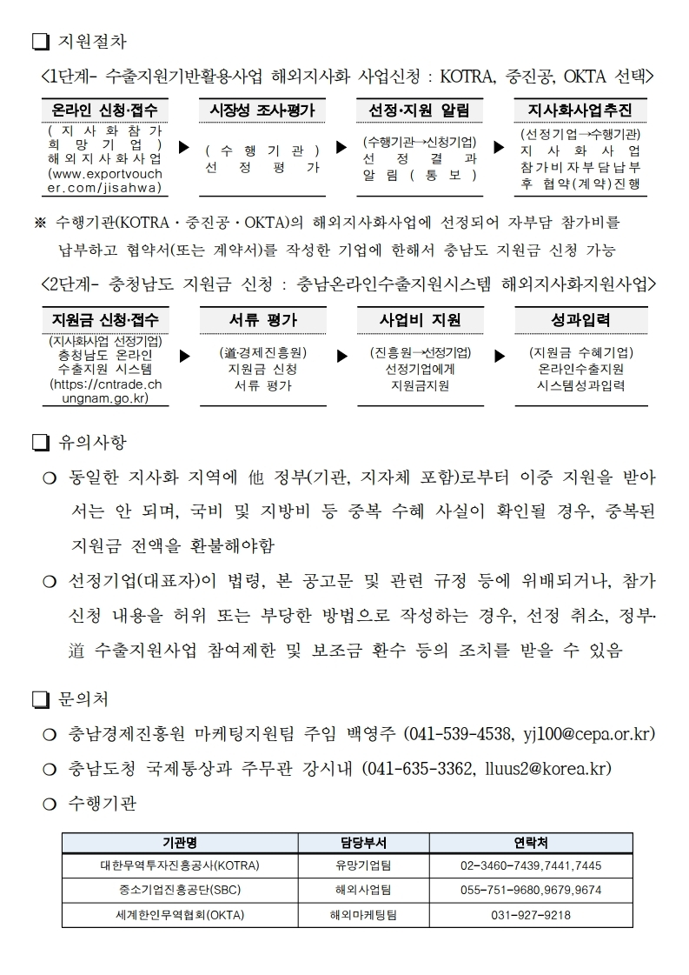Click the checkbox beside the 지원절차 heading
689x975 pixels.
(x=40, y=40)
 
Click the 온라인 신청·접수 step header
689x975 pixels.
(x=106, y=110)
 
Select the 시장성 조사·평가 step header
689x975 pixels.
(x=262, y=110)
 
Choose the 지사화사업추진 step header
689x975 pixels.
(x=580, y=110)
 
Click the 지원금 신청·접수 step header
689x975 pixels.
(x=106, y=319)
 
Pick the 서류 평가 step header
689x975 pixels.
(x=262, y=319)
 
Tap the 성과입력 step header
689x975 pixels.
(x=580, y=319)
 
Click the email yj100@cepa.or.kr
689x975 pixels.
(x=588, y=734)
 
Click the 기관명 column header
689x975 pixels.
(x=180, y=843)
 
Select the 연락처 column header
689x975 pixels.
(x=531, y=843)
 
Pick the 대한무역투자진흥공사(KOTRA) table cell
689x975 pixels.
(x=180, y=866)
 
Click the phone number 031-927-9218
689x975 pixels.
(x=531, y=915)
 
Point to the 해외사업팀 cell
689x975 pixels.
(x=363, y=891)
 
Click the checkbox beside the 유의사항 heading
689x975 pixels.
(x=40, y=443)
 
